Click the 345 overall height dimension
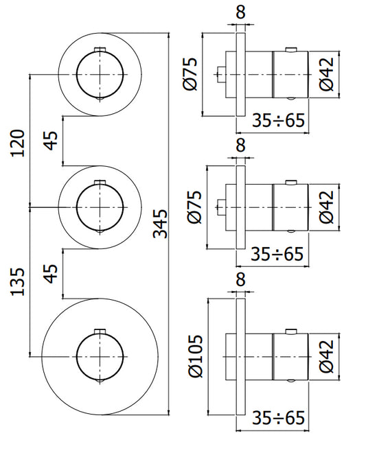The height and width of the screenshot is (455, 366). [x=160, y=224]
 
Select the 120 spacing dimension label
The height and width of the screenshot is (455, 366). [x=17, y=143]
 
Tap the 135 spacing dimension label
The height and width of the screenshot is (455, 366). [x=17, y=282]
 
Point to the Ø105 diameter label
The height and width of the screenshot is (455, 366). [x=195, y=356]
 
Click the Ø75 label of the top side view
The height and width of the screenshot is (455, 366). [x=190, y=74]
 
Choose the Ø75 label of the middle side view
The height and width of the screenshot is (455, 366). [x=194, y=207]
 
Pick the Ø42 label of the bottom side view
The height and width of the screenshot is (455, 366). [x=327, y=357]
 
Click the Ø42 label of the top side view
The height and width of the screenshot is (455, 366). [x=327, y=74]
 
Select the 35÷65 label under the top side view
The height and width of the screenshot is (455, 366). [x=278, y=120]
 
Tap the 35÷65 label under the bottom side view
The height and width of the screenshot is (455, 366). [x=278, y=418]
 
